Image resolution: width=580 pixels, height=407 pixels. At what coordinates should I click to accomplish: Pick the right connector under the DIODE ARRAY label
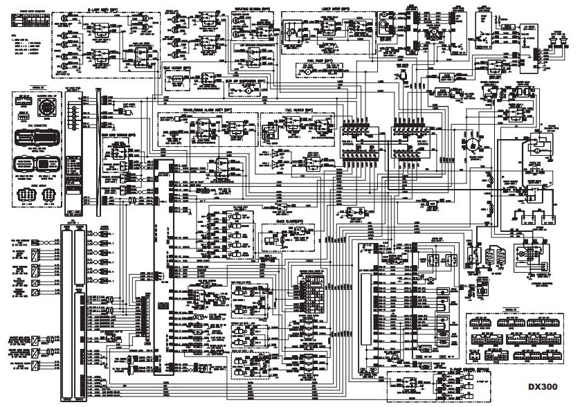point(50,197)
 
